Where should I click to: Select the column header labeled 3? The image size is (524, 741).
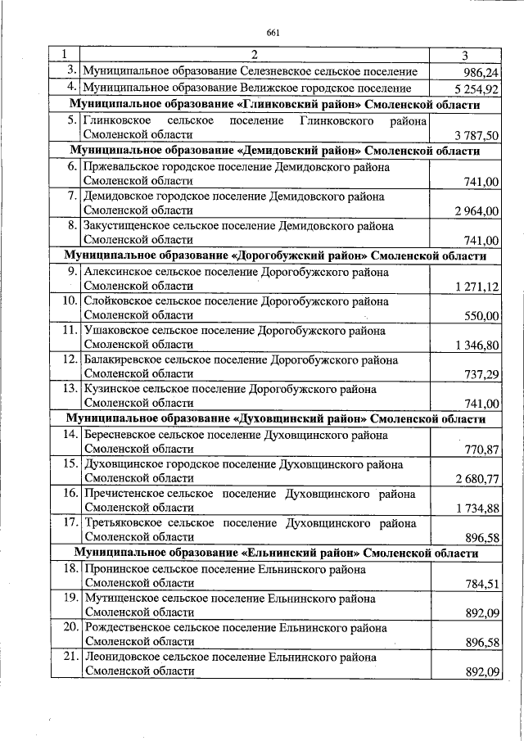(464, 56)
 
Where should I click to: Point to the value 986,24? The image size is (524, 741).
(481, 73)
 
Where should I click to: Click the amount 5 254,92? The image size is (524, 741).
(475, 89)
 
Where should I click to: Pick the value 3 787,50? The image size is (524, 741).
(475, 135)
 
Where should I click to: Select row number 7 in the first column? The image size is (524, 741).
(72, 197)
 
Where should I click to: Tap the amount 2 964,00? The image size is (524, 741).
(475, 211)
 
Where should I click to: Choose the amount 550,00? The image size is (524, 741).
(481, 316)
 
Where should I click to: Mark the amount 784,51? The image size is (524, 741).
(481, 584)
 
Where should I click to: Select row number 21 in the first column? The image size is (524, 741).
(68, 657)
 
